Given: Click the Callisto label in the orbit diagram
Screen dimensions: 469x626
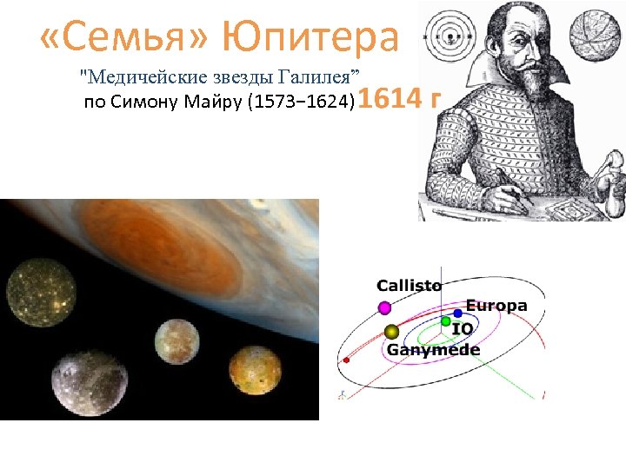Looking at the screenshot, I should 409,285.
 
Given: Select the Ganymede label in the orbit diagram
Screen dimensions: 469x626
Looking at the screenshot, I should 433,349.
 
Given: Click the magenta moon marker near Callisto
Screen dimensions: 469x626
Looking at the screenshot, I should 384,307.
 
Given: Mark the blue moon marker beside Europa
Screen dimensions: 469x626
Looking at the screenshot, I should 457,313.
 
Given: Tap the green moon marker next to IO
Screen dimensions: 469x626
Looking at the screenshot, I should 445,322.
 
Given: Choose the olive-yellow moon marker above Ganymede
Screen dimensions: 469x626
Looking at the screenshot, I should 391,332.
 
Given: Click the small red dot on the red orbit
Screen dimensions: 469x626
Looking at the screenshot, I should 347,360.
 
